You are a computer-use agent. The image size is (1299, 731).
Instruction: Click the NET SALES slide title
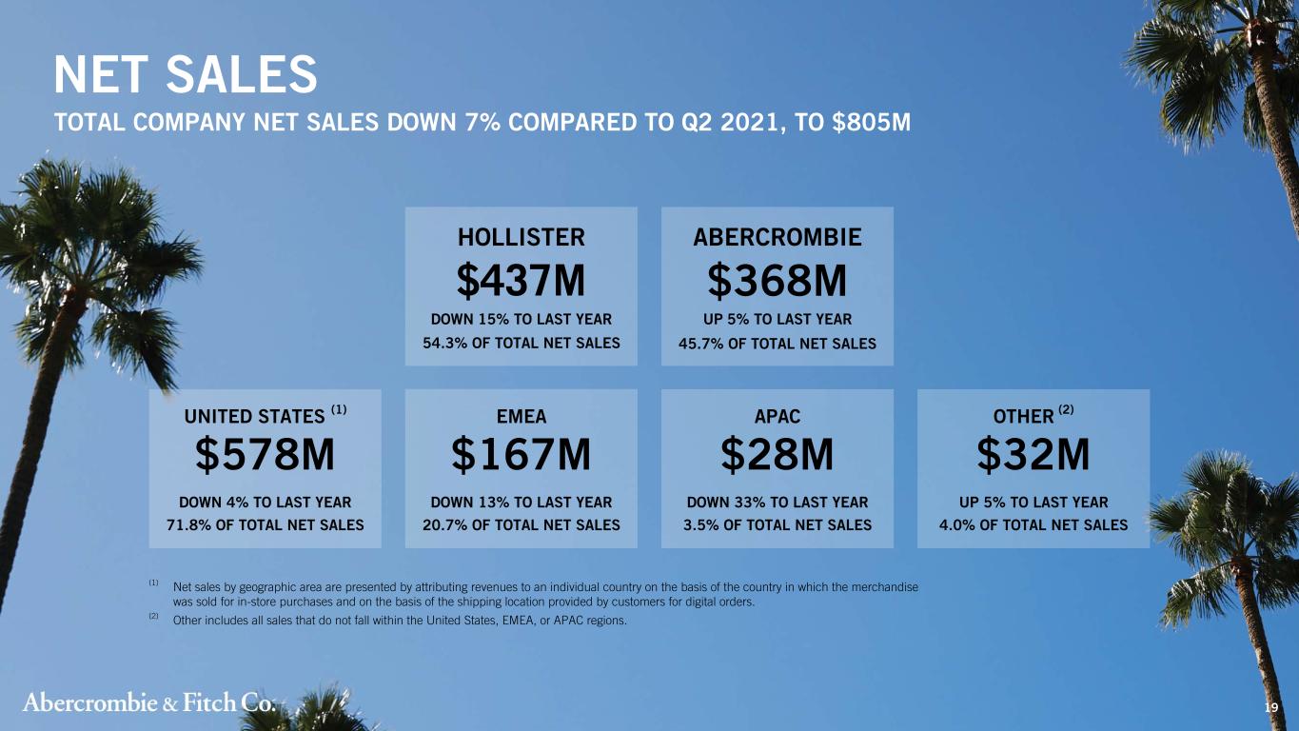(x=186, y=74)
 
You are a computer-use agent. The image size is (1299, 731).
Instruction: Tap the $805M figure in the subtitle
(x=871, y=123)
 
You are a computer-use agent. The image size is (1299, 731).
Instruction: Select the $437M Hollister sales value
(x=521, y=280)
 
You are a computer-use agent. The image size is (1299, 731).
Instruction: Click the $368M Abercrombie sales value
(x=777, y=280)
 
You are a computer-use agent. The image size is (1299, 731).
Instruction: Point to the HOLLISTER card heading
(x=521, y=237)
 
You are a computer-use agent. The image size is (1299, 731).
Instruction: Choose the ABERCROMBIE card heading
(x=777, y=237)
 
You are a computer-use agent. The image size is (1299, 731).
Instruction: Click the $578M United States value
(x=265, y=454)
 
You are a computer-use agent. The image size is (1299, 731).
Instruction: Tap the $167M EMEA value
(x=521, y=454)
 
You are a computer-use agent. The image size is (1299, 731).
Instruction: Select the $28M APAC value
(x=777, y=454)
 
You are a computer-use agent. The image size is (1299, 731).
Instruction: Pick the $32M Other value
(x=1033, y=454)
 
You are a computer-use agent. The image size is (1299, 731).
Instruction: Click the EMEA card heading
(x=521, y=417)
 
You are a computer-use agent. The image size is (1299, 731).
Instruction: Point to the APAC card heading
(x=777, y=417)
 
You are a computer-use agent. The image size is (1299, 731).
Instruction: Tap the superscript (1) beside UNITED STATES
(x=339, y=409)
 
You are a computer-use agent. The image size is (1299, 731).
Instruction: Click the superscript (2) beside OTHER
(x=1066, y=409)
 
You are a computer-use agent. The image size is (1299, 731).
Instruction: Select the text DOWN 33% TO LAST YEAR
(x=777, y=503)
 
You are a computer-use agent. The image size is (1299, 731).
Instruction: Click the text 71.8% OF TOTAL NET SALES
(x=265, y=525)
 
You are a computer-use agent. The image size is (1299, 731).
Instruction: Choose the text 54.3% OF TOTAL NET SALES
(x=521, y=344)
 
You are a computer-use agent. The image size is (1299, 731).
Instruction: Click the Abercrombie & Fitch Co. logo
(x=149, y=702)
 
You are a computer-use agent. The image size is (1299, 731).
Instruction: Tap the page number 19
(x=1270, y=707)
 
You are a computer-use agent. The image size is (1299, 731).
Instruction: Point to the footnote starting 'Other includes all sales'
(x=400, y=621)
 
